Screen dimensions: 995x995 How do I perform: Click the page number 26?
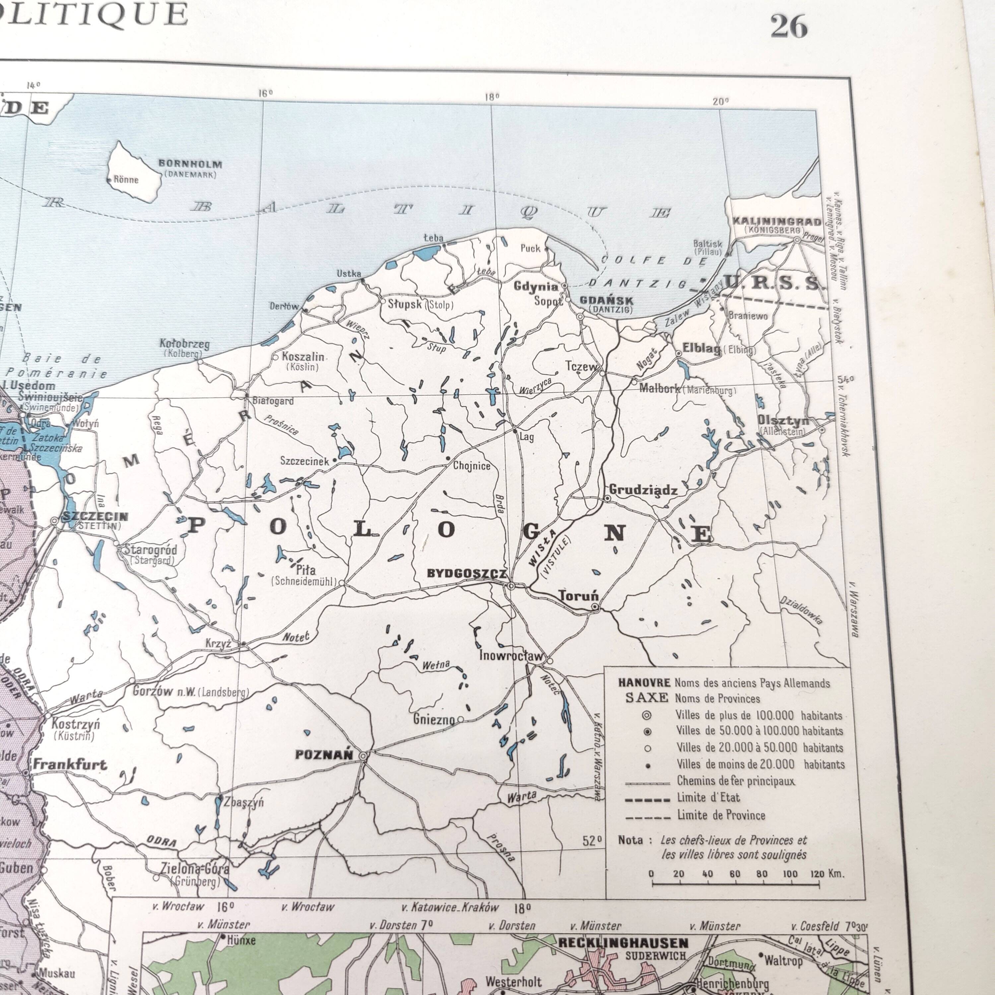[788, 26]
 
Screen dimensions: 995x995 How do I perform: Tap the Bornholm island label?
[190, 164]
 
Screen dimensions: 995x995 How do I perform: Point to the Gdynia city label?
[536, 286]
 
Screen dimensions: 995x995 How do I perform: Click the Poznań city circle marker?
[363, 756]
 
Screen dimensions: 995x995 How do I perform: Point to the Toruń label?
[579, 596]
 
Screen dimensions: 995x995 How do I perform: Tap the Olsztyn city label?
[783, 421]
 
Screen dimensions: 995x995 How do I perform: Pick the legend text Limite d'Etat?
[708, 798]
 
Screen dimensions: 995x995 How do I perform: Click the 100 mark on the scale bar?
[789, 874]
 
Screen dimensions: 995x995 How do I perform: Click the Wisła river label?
[542, 548]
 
